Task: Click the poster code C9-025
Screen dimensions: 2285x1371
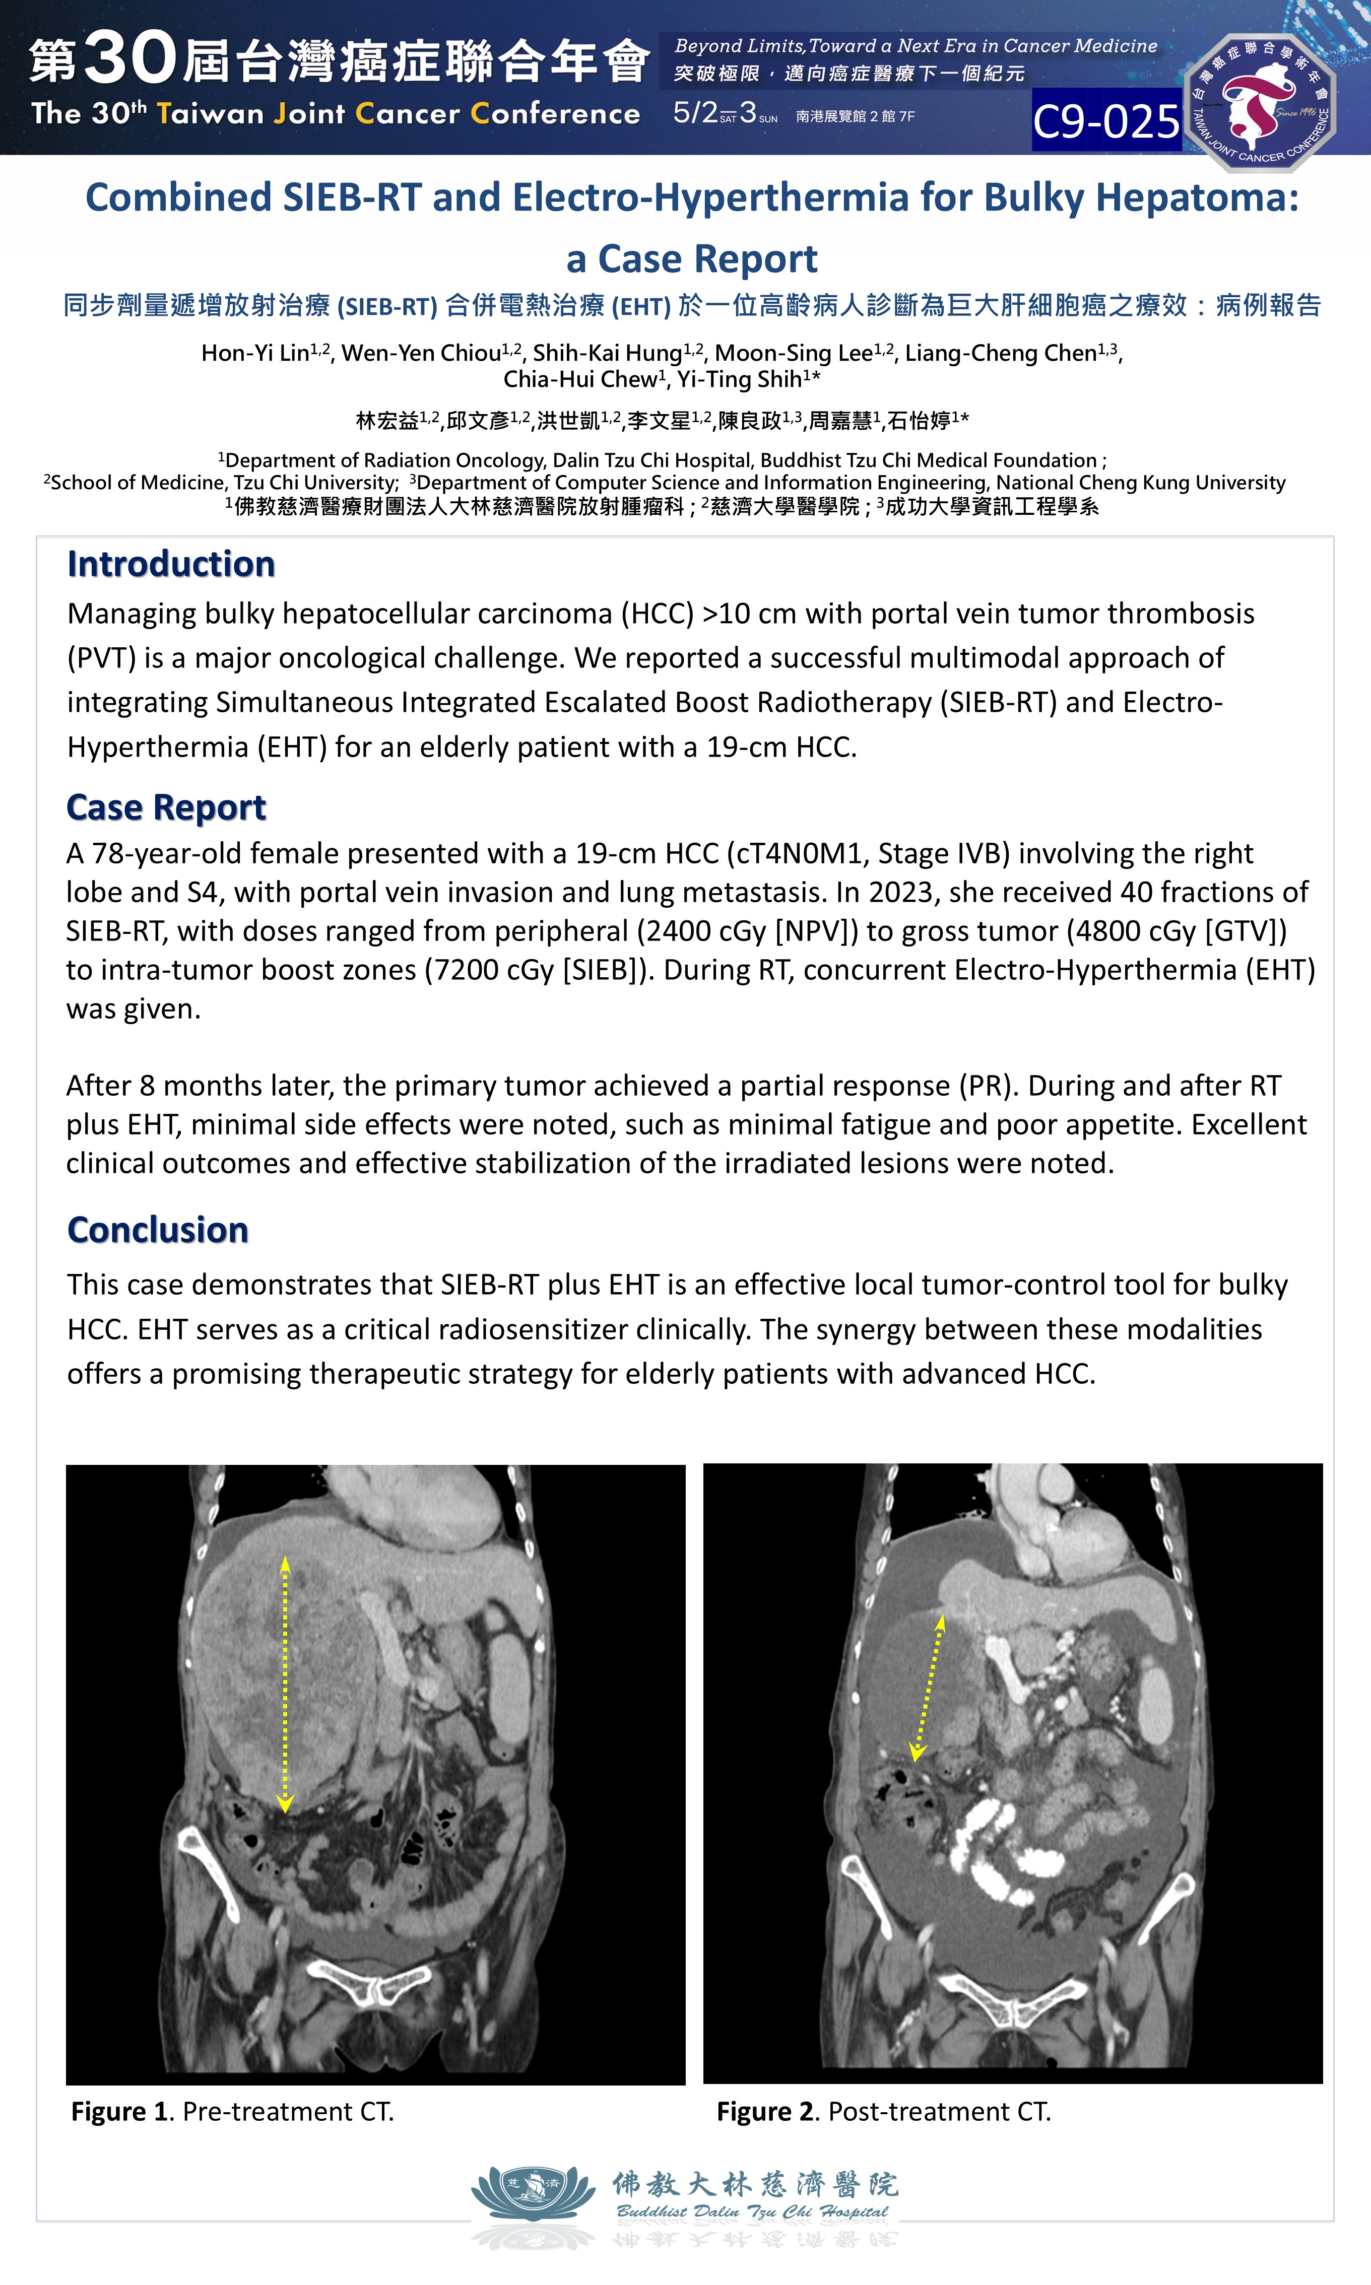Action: pyautogui.click(x=1106, y=121)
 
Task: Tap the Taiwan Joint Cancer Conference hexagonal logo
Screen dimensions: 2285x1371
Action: pyautogui.click(x=1260, y=103)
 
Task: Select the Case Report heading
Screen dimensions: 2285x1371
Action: pyautogui.click(x=166, y=807)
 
